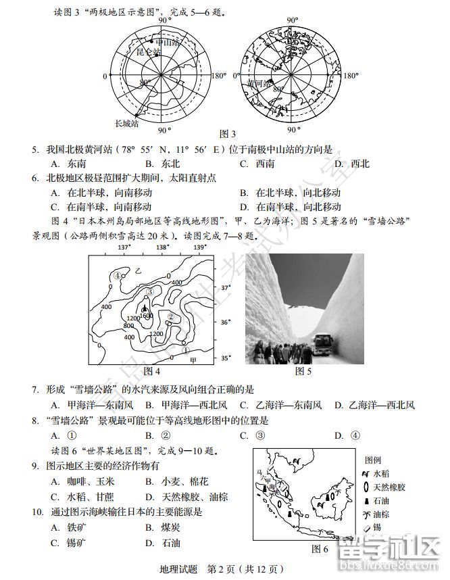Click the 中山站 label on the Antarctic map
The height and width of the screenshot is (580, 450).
[x=167, y=42]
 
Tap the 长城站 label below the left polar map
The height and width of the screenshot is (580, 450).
[x=126, y=124]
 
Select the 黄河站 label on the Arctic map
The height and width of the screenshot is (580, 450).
[x=259, y=84]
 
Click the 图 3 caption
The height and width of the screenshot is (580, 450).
[x=228, y=134]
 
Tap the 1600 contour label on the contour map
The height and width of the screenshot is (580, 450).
[x=146, y=315]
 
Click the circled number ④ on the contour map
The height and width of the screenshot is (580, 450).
[x=118, y=276]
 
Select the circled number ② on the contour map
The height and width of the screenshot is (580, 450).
[x=172, y=316]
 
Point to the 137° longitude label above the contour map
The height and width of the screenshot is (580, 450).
[x=124, y=248]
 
